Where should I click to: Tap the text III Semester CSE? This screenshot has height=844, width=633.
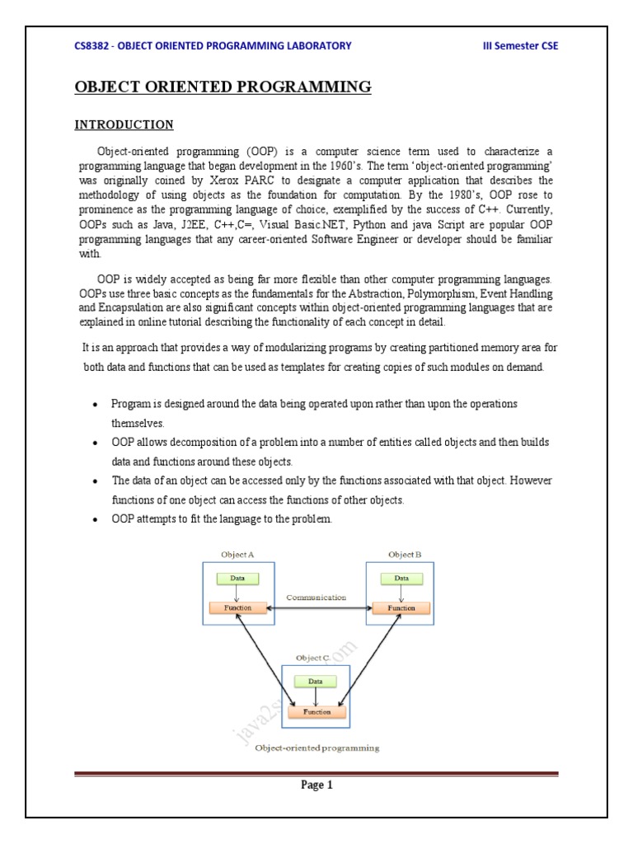519,45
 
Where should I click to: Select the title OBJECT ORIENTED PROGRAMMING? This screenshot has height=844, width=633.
223,87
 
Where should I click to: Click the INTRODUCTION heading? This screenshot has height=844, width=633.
124,125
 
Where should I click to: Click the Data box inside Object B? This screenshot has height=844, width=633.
401,578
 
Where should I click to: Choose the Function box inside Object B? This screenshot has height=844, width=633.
401,608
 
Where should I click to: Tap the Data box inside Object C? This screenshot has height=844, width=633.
316,682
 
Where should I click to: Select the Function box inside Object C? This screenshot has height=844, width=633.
316,711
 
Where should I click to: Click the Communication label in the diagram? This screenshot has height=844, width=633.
316,597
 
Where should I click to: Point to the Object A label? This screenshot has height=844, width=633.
238,555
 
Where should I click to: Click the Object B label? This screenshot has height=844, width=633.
405,555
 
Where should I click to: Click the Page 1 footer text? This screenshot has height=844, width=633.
316,785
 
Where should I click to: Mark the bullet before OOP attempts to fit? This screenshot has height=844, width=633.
96,519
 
